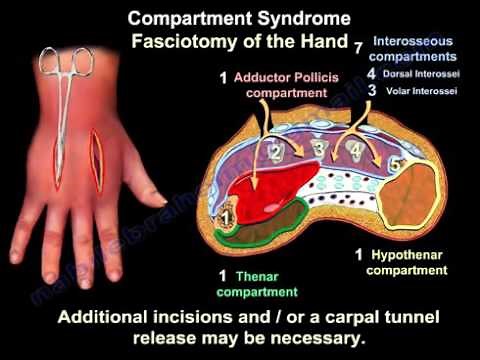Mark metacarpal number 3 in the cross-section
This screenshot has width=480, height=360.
click(319, 150)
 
